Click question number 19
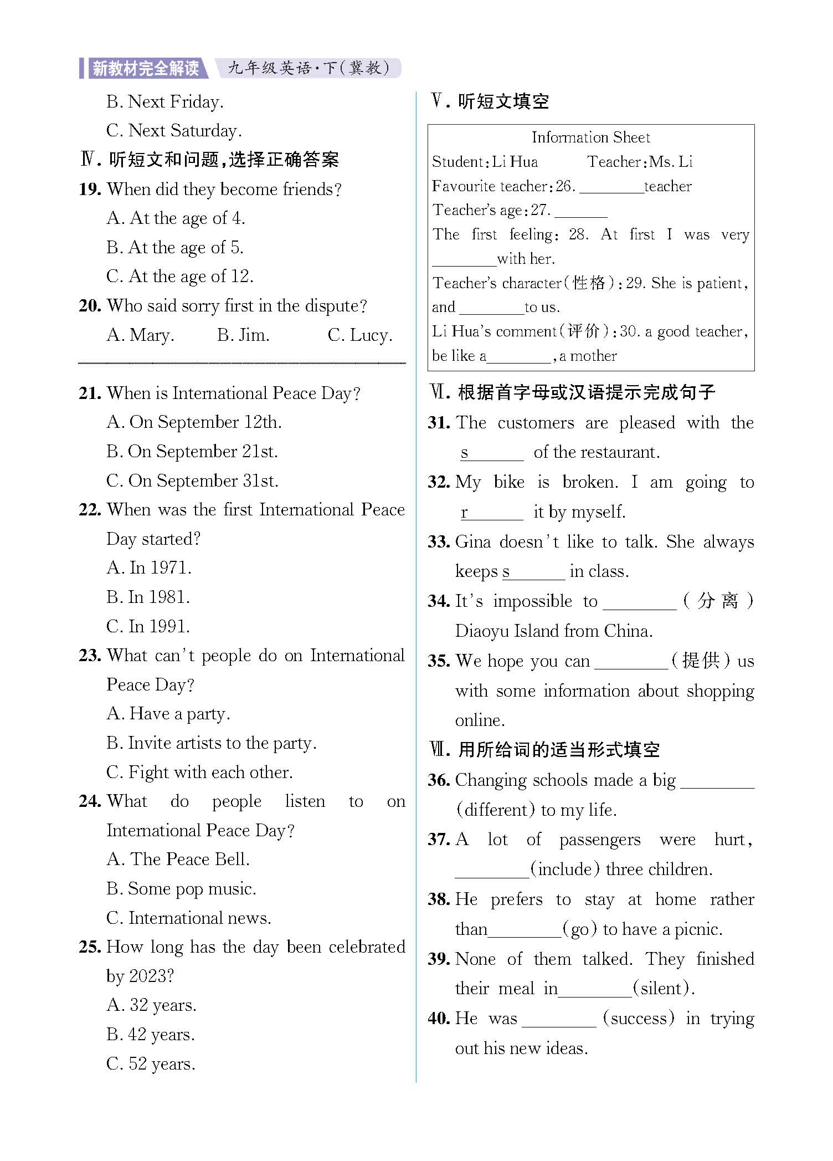pyautogui.click(x=90, y=190)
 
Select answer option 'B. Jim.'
pyautogui.click(x=243, y=335)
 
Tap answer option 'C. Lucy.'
pyautogui.click(x=360, y=335)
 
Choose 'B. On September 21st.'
pyautogui.click(x=192, y=452)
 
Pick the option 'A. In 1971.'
pyautogui.click(x=149, y=568)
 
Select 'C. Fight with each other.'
pyautogui.click(x=199, y=772)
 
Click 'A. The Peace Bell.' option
pyautogui.click(x=178, y=859)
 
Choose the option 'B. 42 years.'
pyautogui.click(x=151, y=1034)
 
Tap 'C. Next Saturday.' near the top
pyautogui.click(x=174, y=131)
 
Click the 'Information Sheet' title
pyautogui.click(x=591, y=137)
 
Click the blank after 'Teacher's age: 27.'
pyautogui.click(x=580, y=211)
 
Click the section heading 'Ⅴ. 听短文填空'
pyautogui.click(x=490, y=101)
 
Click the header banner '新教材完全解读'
pyautogui.click(x=145, y=68)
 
